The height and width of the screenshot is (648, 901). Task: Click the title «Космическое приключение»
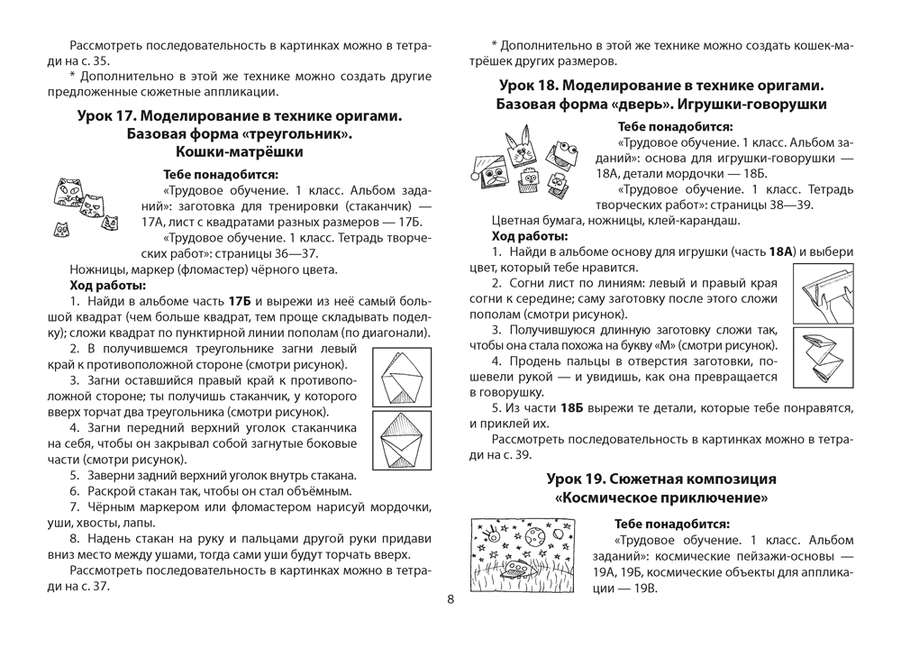click(661, 497)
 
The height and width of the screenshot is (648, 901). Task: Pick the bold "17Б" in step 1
click(241, 299)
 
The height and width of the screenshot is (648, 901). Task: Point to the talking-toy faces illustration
click(524, 163)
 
